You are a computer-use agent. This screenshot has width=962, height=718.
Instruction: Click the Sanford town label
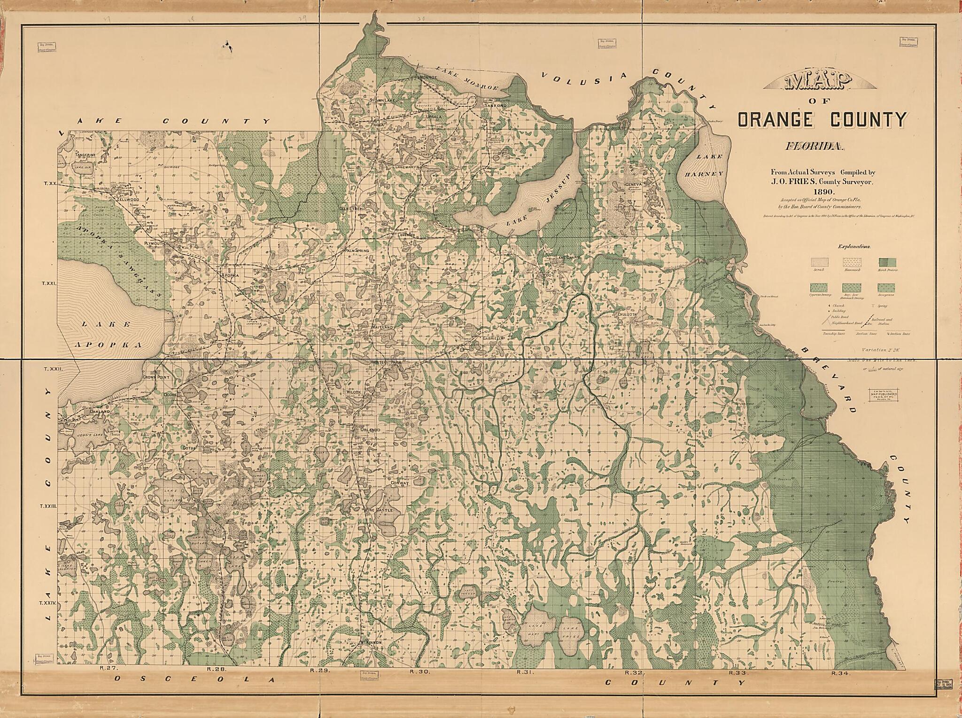(496, 106)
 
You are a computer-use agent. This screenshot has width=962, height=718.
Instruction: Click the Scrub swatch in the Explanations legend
(819, 262)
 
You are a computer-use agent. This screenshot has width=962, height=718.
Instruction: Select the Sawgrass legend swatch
(885, 288)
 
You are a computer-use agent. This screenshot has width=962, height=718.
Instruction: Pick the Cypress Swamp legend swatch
(819, 288)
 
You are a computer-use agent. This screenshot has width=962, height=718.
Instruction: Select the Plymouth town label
(154, 243)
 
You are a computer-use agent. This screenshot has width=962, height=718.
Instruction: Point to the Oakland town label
(99, 411)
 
